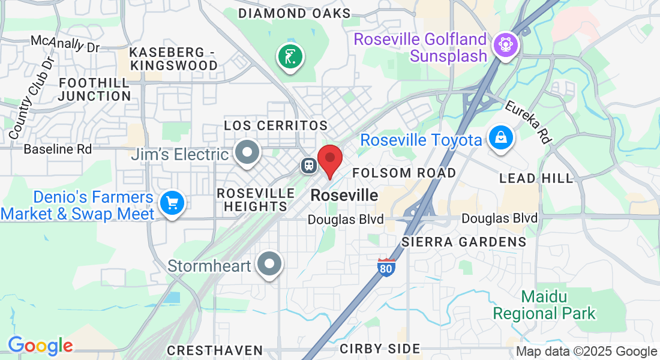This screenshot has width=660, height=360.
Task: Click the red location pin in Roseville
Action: [x=329, y=158]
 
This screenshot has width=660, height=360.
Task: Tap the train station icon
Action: [x=310, y=165]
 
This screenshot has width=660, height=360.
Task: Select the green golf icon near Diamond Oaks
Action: [x=290, y=58]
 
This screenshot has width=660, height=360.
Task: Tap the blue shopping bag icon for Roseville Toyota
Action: [x=499, y=138]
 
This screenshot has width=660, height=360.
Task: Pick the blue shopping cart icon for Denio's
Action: [x=172, y=204]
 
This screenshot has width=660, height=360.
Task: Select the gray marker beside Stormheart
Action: [x=269, y=264]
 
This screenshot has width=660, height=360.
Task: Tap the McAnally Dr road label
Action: [x=65, y=43]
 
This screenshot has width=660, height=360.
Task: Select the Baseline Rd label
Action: [x=58, y=149]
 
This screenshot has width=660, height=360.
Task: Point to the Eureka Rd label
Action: [x=528, y=122]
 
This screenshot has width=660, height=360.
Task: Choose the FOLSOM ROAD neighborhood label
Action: [x=404, y=173]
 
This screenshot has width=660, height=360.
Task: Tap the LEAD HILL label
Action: [x=536, y=178]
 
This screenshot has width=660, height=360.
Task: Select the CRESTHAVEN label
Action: [x=215, y=350]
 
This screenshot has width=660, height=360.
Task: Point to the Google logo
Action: [x=40, y=346]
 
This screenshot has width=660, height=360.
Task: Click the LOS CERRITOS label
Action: [x=275, y=125]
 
